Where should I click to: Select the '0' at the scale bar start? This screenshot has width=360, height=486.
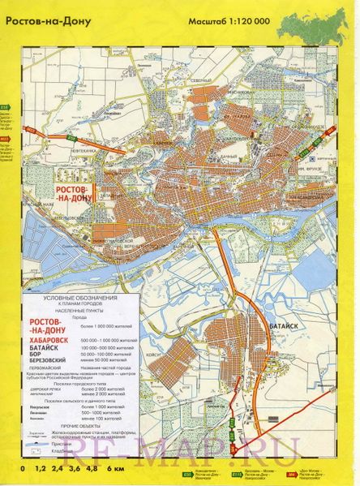23,470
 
